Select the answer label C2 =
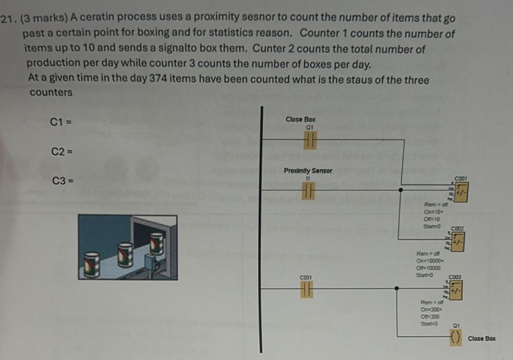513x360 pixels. coord(62,152)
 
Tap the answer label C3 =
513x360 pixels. coord(62,181)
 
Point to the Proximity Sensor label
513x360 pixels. coord(308,171)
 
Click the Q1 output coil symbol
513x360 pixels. coord(455,338)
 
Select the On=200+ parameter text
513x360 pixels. coord(429,309)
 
